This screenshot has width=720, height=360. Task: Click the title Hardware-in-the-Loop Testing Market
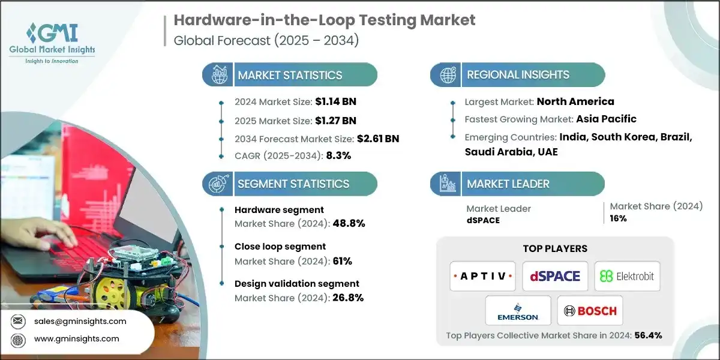(324, 20)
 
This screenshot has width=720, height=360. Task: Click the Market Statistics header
(290, 75)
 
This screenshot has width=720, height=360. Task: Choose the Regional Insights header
(518, 75)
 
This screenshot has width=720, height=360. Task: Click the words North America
(575, 101)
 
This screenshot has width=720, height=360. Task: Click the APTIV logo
(482, 276)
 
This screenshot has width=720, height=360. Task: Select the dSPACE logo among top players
(555, 276)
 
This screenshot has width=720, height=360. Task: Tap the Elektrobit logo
(626, 276)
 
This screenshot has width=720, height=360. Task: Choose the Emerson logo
(518, 311)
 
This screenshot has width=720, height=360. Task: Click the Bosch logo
(590, 311)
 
